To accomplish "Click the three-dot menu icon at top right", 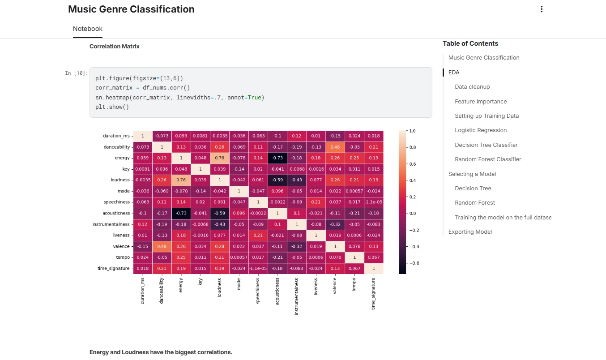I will [542, 9].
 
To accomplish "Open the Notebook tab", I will [88, 29].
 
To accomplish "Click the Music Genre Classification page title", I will [131, 9].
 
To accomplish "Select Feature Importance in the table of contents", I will [481, 101].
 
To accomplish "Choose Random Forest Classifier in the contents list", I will [488, 159].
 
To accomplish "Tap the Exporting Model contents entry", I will [470, 231].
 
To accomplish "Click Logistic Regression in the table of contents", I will [481, 130].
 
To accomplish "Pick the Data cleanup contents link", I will [472, 86].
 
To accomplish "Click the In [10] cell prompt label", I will [77, 73].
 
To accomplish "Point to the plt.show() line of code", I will [112, 107].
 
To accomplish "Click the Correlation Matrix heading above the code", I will [115, 46].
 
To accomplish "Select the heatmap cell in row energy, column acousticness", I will [277, 158].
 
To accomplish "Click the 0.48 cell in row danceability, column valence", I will [335, 147].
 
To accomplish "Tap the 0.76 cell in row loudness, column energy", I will [181, 180].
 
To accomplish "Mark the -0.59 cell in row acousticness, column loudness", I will [220, 213].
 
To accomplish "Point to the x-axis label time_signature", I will [374, 293].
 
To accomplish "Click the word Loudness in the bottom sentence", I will [135, 352].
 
